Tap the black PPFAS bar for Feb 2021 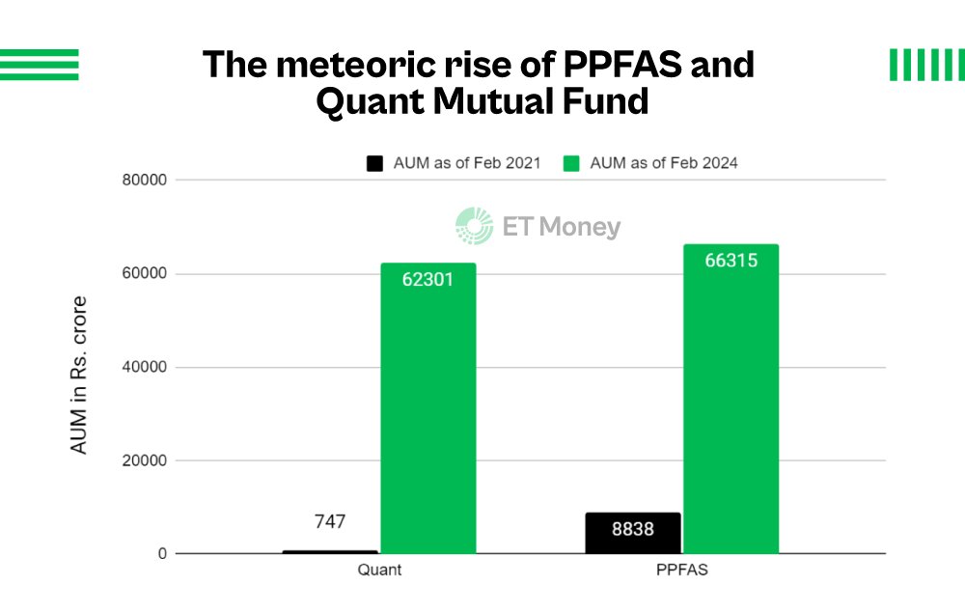pos(633,533)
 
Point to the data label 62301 pos(427,280)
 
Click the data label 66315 pos(731,261)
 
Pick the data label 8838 pos(633,529)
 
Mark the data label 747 pos(330,522)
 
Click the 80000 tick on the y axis pos(144,181)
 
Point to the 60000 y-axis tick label pos(144,274)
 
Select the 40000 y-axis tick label pos(144,368)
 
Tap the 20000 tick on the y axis pos(144,461)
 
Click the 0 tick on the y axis pos(163,554)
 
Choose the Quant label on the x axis pos(379,570)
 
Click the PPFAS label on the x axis pos(681,570)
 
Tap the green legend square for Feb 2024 pos(572,163)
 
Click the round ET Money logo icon pos(474,226)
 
